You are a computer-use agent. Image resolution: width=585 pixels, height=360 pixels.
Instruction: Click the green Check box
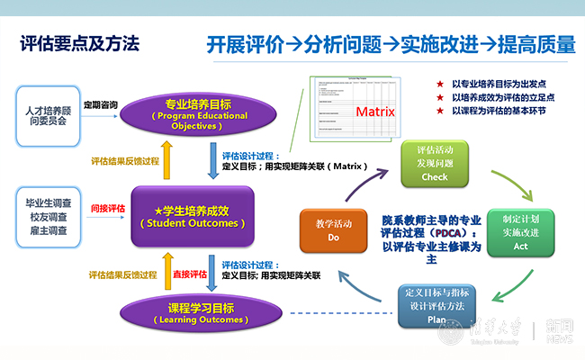point(434,163)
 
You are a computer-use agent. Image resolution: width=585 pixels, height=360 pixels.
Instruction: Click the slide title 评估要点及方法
point(81,43)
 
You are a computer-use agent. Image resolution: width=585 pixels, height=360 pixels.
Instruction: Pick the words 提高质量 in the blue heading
point(538,44)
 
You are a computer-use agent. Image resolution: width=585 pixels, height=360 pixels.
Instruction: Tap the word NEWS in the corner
point(560,339)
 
